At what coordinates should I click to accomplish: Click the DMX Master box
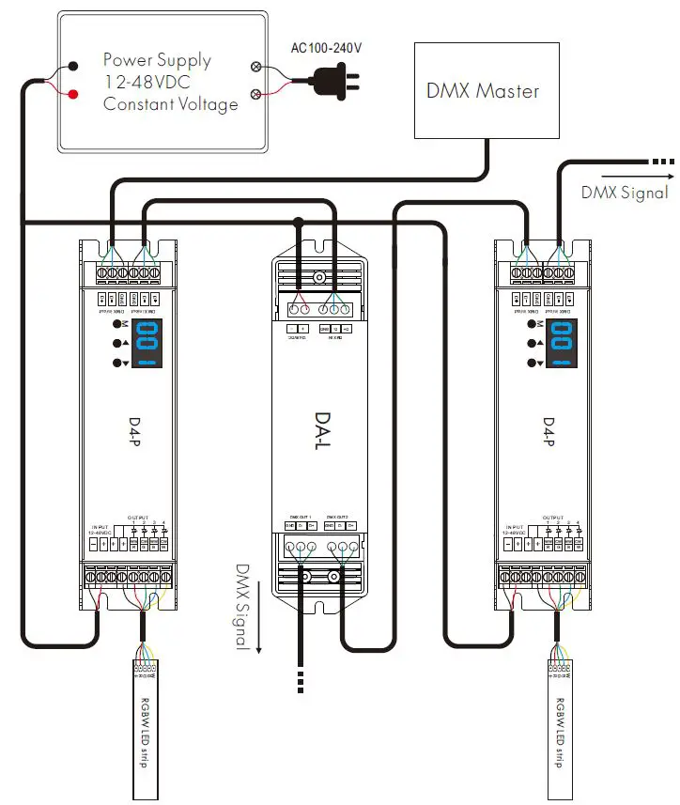483,91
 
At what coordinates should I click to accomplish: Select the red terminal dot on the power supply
72,92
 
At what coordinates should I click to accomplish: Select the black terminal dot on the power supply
72,68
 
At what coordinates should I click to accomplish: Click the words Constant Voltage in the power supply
170,104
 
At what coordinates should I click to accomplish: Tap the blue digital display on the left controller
147,343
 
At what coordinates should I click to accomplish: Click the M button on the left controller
117,323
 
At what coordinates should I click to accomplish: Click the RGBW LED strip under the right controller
560,723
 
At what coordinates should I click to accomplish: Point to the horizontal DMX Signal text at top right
625,193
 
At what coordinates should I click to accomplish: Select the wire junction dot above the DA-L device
299,223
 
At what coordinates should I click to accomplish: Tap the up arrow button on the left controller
117,343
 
